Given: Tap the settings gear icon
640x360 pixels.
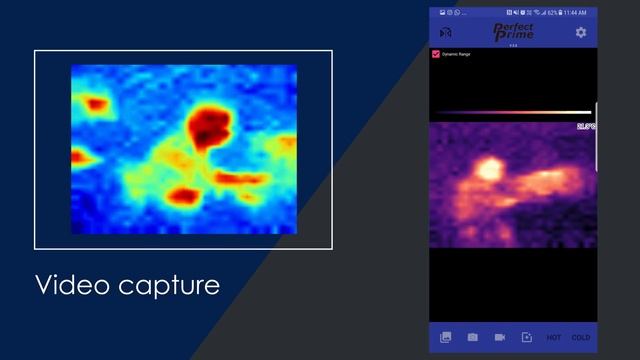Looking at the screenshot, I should tap(581, 33).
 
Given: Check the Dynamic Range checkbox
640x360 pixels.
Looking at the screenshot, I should tap(435, 53).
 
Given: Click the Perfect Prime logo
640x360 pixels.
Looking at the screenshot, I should tap(513, 32).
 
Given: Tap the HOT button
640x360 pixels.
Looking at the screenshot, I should tap(554, 338).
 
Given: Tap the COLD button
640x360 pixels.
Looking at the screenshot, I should tap(580, 338).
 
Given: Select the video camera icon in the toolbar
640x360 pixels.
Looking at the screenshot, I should tap(499, 338).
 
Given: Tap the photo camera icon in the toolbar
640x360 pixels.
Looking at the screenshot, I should tap(472, 338).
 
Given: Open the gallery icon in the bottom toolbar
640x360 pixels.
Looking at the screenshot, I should tap(445, 338).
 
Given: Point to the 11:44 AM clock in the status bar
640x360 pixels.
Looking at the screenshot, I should tap(576, 12).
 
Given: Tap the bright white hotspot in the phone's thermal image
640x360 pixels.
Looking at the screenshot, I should tap(487, 169).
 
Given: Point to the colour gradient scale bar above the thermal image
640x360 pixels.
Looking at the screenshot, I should tap(513, 112).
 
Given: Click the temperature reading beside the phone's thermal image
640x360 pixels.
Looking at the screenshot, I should tap(586, 127).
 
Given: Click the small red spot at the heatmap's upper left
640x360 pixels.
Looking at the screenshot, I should tap(97, 103).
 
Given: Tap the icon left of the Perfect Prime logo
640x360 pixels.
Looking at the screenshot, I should tap(445, 33).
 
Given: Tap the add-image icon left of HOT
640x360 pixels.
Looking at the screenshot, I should tap(527, 338).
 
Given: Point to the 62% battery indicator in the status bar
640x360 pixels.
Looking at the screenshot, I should tap(552, 12).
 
